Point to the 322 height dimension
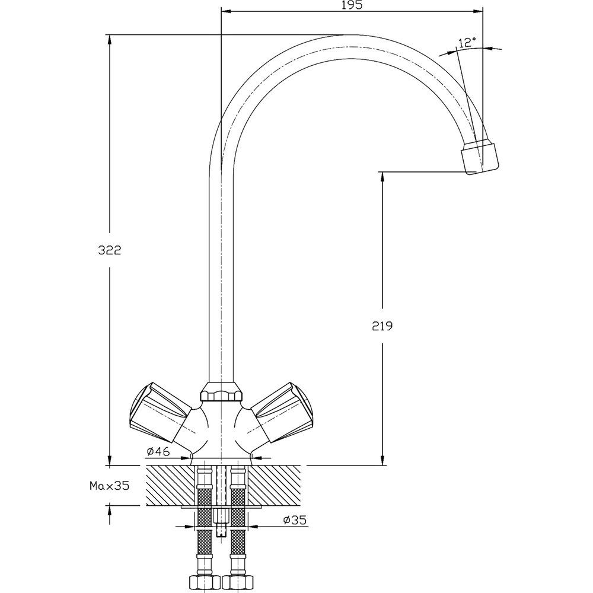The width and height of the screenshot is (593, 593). click(x=110, y=250)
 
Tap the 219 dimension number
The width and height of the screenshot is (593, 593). click(x=382, y=326)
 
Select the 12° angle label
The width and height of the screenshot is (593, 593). click(x=467, y=42)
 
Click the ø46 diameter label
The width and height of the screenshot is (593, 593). click(x=159, y=451)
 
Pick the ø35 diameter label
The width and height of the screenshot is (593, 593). click(x=295, y=521)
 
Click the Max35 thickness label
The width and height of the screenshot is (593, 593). click(x=109, y=486)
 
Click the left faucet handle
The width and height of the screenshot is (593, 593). click(x=160, y=412)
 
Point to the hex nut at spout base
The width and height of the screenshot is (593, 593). click(x=221, y=391)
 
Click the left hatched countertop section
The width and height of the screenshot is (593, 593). click(x=170, y=486)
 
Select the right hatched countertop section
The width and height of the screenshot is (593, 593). click(x=274, y=486)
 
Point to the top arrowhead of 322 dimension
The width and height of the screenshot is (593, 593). click(x=110, y=40)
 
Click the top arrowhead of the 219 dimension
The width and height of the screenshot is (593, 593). click(x=382, y=178)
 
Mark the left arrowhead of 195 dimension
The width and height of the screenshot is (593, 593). click(x=226, y=11)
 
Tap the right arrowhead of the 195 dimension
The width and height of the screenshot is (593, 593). click(x=477, y=11)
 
